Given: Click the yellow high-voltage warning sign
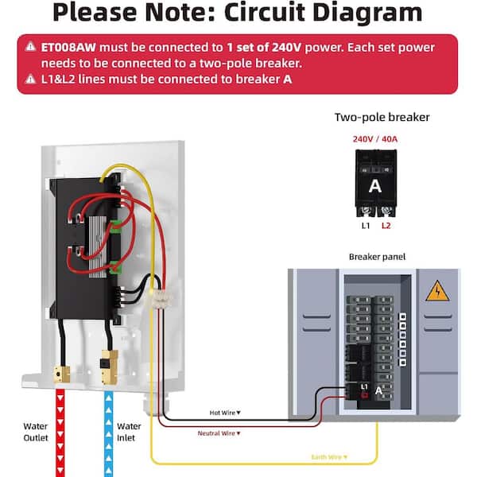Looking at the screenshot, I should [x=437, y=292].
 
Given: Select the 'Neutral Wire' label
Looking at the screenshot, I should [x=219, y=433].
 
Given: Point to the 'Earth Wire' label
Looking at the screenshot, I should [x=327, y=457].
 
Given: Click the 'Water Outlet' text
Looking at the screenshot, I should [x=36, y=431].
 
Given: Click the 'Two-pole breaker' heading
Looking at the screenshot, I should [x=382, y=117].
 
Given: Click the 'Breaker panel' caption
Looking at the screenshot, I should [x=377, y=257].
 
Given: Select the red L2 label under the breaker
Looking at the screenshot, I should [x=386, y=226].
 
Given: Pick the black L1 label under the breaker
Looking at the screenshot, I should [x=366, y=226].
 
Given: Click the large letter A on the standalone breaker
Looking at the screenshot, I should [x=375, y=186].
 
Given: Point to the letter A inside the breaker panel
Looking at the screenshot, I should [x=380, y=391].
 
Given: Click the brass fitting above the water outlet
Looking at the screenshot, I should [x=59, y=372].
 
